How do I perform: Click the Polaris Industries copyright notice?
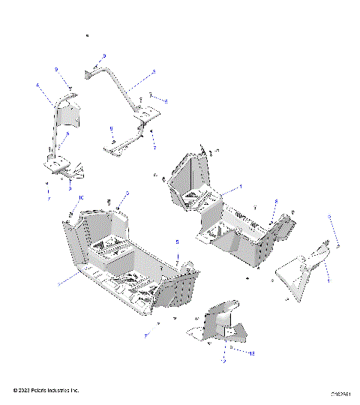tap(46, 391)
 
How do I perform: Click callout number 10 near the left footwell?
tap(81, 198)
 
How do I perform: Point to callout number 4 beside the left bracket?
tap(37, 85)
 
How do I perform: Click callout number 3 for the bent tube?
tap(153, 72)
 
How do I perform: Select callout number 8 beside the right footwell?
tap(276, 202)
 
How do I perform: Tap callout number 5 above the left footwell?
tap(127, 193)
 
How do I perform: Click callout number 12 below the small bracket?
tap(223, 361)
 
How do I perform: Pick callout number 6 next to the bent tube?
tap(166, 100)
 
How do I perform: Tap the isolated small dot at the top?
tap(88, 36)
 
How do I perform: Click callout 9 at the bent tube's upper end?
tap(104, 56)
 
